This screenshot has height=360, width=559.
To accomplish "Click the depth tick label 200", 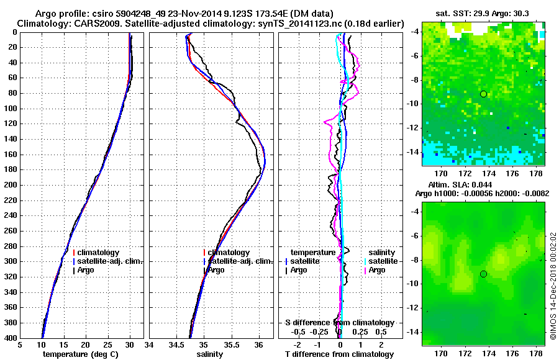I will click(10, 185).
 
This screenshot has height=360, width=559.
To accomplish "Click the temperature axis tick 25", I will click(107, 345).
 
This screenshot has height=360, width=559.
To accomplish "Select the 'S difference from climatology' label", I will click(340, 323).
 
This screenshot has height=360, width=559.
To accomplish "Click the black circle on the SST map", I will click(483, 94).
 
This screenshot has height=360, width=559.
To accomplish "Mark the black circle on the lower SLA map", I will click(483, 274).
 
